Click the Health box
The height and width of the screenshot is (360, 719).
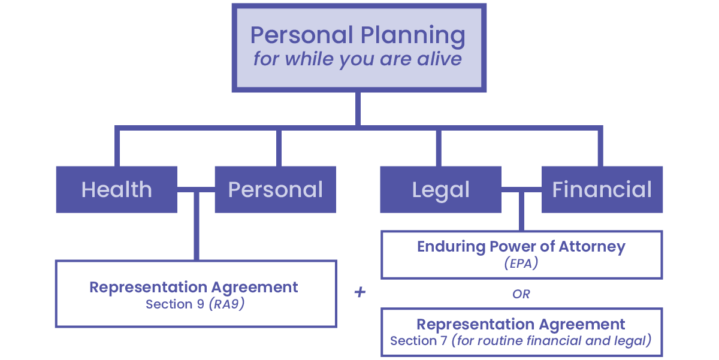116,190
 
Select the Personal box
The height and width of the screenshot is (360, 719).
275,190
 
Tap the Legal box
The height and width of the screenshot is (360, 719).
440,190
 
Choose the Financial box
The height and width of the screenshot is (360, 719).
602,190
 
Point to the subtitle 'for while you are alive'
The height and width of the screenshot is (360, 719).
358,59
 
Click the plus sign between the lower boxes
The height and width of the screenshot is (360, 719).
360,294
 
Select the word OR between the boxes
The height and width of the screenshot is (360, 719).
521,294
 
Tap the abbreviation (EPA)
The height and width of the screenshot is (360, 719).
521,262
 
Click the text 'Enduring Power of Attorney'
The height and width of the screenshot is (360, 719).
521,247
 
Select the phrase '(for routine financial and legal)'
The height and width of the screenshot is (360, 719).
551,341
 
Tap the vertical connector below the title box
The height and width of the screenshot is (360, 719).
358,109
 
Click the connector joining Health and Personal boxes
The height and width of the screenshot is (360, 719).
196,190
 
